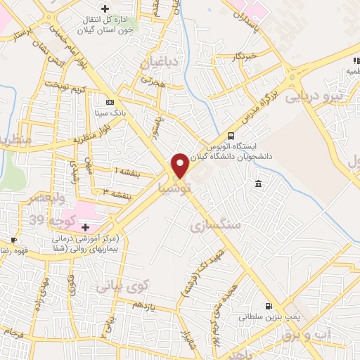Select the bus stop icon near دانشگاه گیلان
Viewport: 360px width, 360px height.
(x=231, y=136)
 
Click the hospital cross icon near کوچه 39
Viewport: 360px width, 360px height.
(x=86, y=227)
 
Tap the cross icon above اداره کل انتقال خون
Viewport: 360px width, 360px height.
(x=105, y=8)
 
